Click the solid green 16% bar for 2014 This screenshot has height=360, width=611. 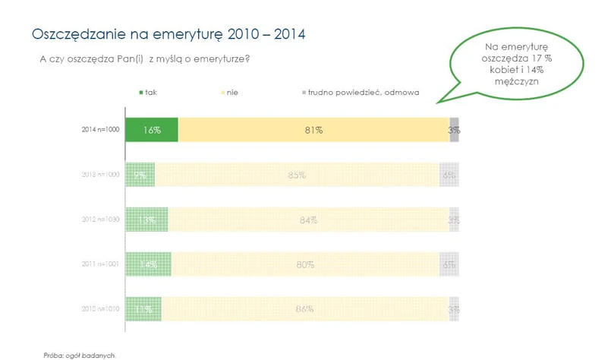(x=151, y=130)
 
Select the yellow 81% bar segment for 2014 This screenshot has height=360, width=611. (x=313, y=130)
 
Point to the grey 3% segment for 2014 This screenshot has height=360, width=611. (x=454, y=130)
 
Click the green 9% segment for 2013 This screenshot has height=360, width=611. (x=140, y=175)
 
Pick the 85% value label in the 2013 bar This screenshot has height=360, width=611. (x=297, y=175)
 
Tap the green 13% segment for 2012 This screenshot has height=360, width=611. (x=146, y=219)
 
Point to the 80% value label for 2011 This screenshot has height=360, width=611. (x=305, y=265)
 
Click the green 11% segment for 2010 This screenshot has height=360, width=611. (x=143, y=309)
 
